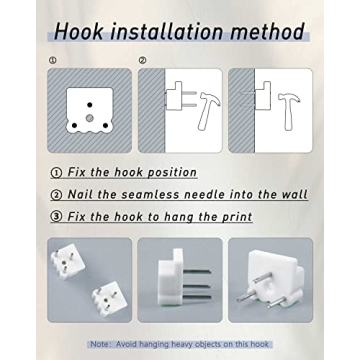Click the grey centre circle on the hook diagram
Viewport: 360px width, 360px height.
[x=89, y=118]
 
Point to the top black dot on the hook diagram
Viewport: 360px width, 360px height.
[x=89, y=105]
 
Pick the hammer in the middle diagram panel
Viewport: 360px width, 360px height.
[x=207, y=111]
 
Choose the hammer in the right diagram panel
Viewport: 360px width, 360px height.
[x=289, y=111]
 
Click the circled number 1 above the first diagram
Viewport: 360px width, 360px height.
[x=52, y=60]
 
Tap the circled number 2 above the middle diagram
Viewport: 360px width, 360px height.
[x=143, y=60]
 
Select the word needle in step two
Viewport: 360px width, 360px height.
[x=201, y=194]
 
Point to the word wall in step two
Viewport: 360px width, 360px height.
[x=295, y=194]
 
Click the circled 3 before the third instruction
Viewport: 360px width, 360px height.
[x=56, y=217]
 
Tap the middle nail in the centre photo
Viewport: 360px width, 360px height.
[x=197, y=285]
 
